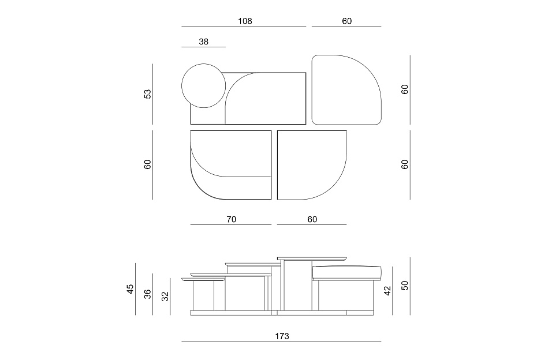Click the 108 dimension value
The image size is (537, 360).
(245, 21)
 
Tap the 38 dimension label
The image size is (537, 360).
(203, 42)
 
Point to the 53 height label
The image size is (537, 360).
(147, 94)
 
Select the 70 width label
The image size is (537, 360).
(231, 219)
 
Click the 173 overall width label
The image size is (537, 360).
(282, 336)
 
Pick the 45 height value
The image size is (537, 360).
(130, 289)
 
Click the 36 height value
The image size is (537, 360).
(147, 294)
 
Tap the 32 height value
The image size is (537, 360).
(165, 297)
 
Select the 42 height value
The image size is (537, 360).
(387, 291)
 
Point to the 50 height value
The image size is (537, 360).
(405, 286)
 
